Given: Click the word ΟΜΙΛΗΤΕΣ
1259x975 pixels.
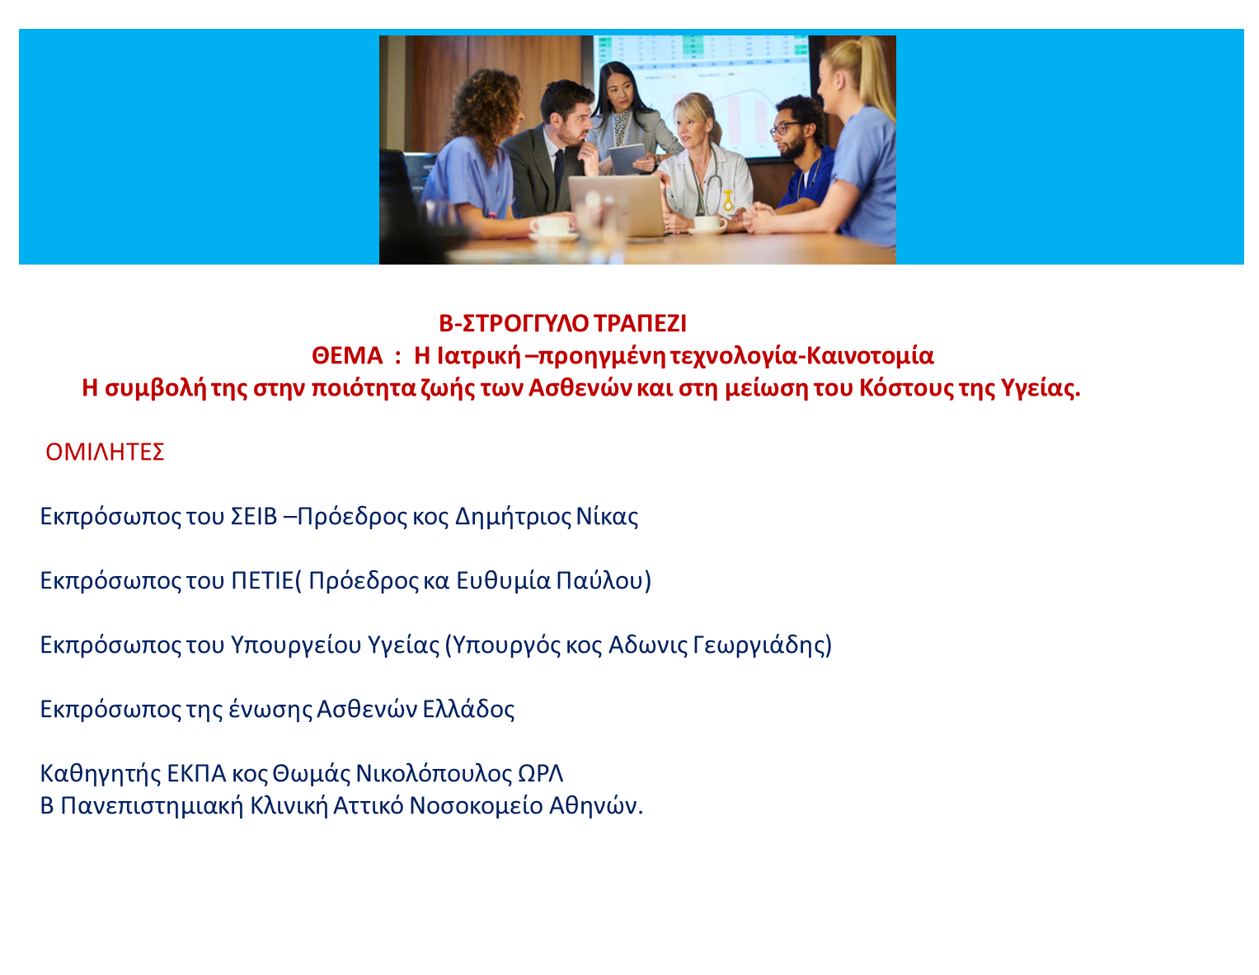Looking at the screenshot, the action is click(105, 452).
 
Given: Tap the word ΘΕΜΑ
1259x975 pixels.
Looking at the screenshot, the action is click(347, 355).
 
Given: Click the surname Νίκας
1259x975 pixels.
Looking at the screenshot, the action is click(607, 516).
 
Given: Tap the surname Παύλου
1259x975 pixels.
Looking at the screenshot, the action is click(599, 580).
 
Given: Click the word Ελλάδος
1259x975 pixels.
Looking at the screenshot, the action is click(468, 709).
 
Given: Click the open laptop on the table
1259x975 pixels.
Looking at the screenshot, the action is click(616, 205).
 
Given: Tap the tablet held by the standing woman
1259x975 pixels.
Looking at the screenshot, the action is click(627, 159).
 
